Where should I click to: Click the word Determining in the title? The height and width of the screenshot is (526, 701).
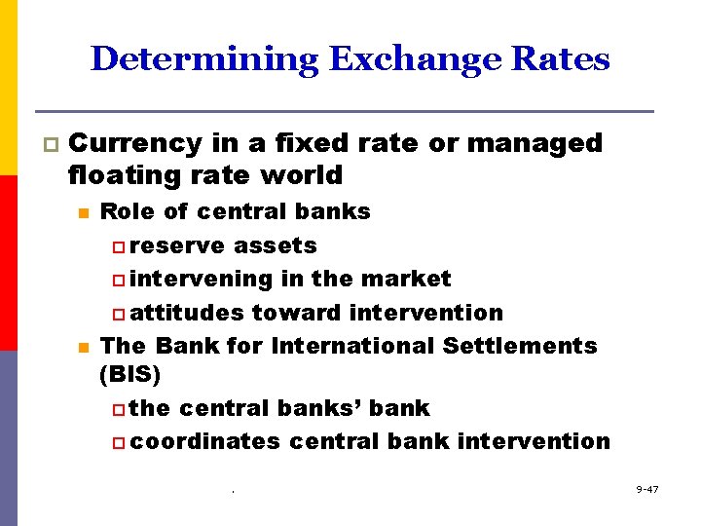click(x=203, y=59)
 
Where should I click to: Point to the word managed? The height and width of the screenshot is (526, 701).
click(x=535, y=143)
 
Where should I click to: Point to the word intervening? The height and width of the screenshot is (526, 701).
click(x=202, y=280)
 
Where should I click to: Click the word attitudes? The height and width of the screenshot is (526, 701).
click(x=187, y=313)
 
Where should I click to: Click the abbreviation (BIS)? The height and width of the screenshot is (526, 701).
click(x=130, y=374)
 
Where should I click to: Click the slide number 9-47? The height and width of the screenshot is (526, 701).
click(x=646, y=488)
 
